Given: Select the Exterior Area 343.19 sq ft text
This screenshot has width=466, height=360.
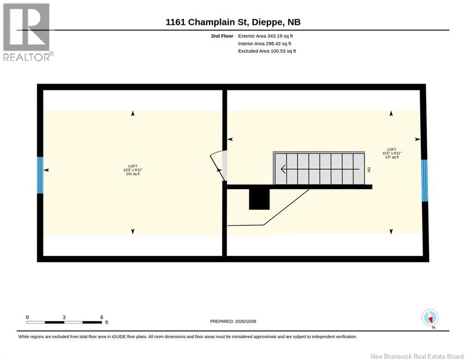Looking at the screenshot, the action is [x=266, y=36].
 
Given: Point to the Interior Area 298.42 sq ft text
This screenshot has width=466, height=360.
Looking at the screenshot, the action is [x=265, y=44].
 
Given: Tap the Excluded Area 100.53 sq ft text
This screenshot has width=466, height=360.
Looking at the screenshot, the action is [x=267, y=51].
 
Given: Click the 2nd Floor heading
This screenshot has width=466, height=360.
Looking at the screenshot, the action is [x=222, y=36].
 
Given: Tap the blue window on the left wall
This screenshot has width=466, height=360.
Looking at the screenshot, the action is [x=40, y=175].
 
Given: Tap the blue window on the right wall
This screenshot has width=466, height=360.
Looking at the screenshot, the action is [x=425, y=180].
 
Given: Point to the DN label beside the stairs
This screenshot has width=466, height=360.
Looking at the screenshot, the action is [x=369, y=170].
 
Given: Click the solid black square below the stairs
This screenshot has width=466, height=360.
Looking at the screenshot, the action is [x=259, y=199].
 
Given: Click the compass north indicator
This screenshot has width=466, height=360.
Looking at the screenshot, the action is [x=430, y=318].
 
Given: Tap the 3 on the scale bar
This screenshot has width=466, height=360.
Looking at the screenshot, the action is [x=64, y=317].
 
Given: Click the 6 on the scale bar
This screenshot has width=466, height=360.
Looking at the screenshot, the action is [x=102, y=317].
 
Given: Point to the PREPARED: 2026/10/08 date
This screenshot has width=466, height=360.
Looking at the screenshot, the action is [x=233, y=321].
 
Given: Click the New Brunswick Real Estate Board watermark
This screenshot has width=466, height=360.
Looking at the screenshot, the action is [x=417, y=356].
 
